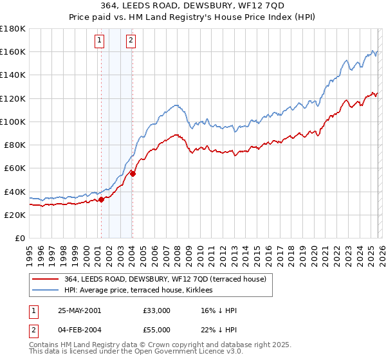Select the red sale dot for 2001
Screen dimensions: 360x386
point(101,199)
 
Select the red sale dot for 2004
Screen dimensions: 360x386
point(132,174)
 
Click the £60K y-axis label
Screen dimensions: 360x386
point(15,168)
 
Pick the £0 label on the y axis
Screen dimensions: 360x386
point(21,238)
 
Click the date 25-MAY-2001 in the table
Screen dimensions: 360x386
point(79,310)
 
